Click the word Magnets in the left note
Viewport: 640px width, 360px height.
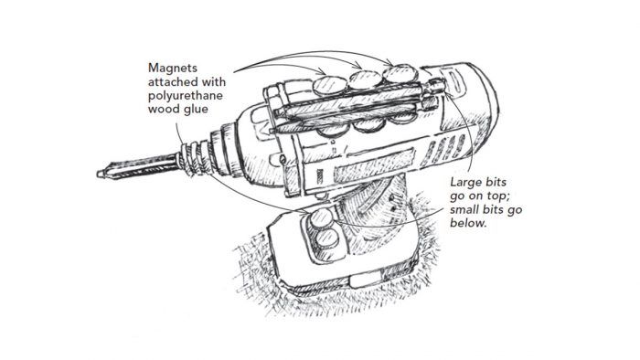(173, 69)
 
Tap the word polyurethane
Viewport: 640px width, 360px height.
(186, 96)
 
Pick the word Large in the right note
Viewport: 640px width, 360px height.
(465, 183)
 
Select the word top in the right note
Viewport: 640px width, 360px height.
(496, 196)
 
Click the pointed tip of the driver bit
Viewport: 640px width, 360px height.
(99, 175)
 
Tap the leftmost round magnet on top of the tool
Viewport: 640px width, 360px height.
(329, 87)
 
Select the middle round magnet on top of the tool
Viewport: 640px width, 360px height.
(366, 80)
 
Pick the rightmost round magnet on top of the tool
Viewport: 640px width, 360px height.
(400, 74)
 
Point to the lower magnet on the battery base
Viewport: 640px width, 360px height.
(326, 238)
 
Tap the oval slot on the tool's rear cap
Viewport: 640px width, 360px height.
(454, 81)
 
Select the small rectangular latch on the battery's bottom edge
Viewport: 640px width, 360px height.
(363, 281)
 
